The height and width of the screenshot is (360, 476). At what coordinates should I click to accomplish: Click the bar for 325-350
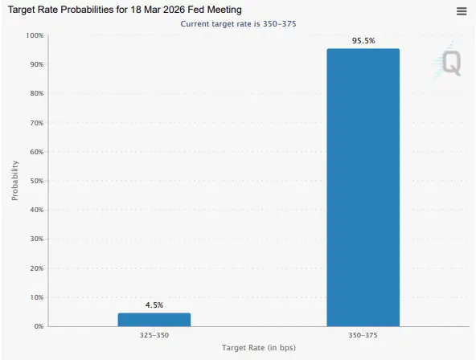point(154,319)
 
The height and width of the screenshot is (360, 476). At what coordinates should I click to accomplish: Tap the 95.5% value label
point(363,40)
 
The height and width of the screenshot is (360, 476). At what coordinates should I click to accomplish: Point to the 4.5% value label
point(154,305)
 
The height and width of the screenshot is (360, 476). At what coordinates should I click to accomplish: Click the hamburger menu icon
point(462,10)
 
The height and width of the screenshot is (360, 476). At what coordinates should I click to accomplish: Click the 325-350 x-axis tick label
point(154,334)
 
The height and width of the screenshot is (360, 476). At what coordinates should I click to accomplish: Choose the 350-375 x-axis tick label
point(363,334)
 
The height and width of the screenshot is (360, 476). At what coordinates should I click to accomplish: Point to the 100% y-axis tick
point(35,35)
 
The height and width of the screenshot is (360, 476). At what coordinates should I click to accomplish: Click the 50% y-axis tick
point(36,181)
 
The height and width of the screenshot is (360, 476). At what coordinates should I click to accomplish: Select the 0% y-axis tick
point(39,326)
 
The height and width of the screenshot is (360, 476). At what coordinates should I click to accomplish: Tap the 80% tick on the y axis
point(36,93)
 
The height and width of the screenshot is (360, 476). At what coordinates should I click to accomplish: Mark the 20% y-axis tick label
point(36,268)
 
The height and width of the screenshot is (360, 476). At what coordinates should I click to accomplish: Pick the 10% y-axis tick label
point(36,297)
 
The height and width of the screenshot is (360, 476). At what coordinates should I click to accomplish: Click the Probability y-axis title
point(14,180)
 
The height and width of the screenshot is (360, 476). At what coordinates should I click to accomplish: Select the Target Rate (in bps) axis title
point(258,347)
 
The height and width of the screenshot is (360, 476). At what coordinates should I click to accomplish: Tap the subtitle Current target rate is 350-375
point(238,24)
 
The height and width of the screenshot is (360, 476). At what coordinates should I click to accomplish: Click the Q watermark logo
point(451,63)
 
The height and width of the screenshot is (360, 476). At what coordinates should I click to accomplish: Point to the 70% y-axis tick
point(36,123)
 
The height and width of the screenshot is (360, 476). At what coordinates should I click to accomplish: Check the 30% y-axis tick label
point(36,239)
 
